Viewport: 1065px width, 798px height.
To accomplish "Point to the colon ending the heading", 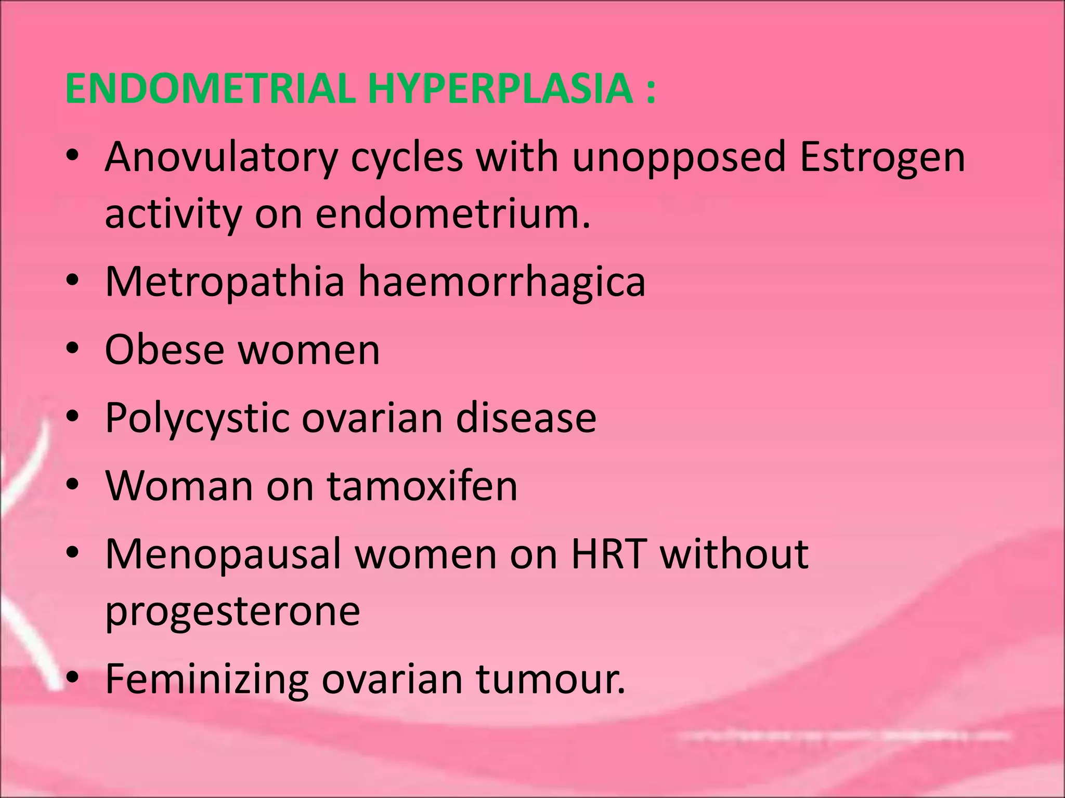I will [x=651, y=89].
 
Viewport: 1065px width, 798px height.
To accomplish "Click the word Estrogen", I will [x=882, y=158].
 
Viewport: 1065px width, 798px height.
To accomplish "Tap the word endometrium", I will [x=452, y=214].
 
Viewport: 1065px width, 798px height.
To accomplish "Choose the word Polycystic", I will [x=197, y=418].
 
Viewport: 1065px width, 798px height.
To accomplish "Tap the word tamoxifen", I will [x=422, y=485].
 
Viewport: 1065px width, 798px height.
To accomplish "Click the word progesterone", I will [x=232, y=611].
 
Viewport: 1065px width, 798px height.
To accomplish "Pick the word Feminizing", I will [x=206, y=680].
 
